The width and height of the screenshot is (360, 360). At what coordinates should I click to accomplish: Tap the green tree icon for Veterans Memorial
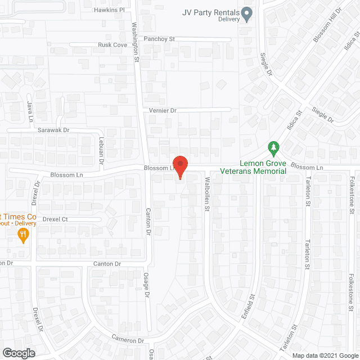click(x=274, y=148)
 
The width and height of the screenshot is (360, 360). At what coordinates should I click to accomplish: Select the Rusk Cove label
click(x=112, y=45)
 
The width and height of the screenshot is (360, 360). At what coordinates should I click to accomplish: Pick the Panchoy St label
click(x=160, y=39)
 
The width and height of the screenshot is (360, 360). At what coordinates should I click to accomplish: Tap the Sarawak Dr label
click(x=53, y=130)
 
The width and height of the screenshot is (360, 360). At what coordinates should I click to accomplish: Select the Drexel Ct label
click(x=55, y=219)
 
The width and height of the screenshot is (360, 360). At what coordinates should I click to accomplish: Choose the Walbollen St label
click(x=207, y=195)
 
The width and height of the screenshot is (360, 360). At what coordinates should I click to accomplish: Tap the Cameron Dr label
click(x=128, y=340)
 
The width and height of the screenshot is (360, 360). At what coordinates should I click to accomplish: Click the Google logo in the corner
click(x=19, y=353)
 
